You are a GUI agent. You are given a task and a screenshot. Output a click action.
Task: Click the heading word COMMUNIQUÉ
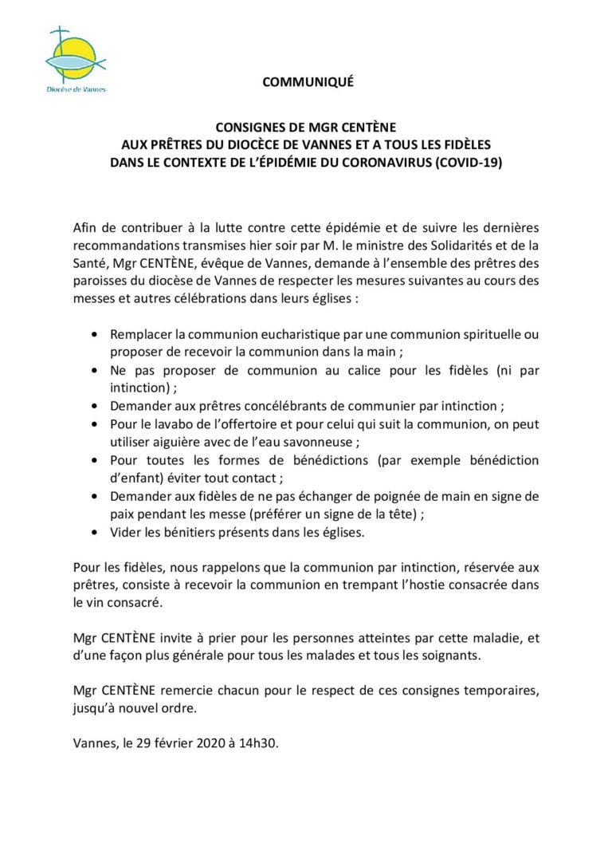(308, 81)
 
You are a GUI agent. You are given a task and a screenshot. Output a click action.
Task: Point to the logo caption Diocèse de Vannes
(76, 89)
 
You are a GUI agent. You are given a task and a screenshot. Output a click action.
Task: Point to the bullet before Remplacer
(96, 335)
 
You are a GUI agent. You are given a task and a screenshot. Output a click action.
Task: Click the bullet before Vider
(96, 532)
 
